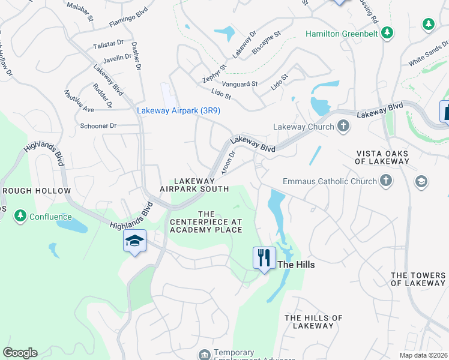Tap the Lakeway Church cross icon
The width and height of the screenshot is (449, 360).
tap(343, 126)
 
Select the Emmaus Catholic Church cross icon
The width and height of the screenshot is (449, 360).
tap(386, 181)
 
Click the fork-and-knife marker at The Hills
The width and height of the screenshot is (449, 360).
tap(264, 258)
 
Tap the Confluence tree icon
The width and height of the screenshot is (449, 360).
tap(20, 216)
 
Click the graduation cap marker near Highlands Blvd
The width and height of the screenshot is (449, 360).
tap(135, 241)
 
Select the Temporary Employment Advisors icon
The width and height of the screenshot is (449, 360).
tap(205, 355)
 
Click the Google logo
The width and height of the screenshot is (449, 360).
tap(20, 353)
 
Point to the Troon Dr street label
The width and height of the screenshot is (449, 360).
tap(228, 161)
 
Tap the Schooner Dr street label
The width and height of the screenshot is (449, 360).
tap(98, 126)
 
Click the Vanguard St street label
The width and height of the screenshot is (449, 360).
tap(240, 84)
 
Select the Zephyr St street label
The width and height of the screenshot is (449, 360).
tap(214, 74)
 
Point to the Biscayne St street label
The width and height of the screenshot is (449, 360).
tap(267, 44)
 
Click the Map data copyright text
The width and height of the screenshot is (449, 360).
tap(423, 355)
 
